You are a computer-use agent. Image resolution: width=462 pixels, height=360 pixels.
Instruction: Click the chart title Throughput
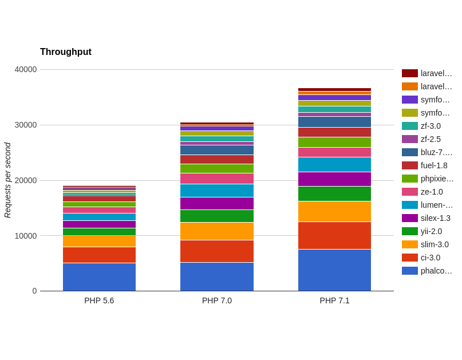(x=66, y=52)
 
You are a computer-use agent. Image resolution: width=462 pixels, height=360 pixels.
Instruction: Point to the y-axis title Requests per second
(x=7, y=180)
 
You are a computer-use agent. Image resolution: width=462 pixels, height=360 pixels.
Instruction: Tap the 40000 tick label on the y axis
(x=26, y=69)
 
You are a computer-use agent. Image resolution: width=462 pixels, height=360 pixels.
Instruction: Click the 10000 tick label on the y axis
(x=26, y=236)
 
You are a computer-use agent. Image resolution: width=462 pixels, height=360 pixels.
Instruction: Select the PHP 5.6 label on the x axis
(x=99, y=300)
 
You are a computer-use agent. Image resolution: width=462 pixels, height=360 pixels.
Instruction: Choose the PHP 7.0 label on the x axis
(x=217, y=300)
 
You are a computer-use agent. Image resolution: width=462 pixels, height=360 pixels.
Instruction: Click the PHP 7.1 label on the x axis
(x=334, y=300)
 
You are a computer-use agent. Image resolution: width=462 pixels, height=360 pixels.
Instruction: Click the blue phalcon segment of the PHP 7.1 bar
(x=334, y=270)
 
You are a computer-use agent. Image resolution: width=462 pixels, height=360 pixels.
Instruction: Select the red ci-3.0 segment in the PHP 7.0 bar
(x=217, y=251)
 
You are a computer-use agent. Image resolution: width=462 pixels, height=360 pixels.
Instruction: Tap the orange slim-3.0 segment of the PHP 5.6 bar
(x=99, y=242)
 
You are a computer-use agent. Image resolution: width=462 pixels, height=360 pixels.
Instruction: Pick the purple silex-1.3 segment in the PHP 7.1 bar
(x=334, y=179)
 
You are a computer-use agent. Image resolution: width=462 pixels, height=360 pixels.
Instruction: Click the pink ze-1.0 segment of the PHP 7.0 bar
(x=217, y=179)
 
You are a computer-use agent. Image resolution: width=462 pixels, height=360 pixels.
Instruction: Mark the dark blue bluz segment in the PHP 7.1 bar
(x=334, y=122)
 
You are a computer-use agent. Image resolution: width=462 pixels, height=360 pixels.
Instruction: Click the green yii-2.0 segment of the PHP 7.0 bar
(x=217, y=216)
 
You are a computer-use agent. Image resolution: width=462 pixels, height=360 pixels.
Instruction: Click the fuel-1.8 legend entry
(x=425, y=165)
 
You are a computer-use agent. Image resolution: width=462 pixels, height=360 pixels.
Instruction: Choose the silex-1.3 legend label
(x=436, y=218)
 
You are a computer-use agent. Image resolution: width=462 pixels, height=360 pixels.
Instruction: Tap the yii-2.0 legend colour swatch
(x=410, y=231)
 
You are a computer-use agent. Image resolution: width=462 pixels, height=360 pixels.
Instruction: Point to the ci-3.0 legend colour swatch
(x=410, y=258)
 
